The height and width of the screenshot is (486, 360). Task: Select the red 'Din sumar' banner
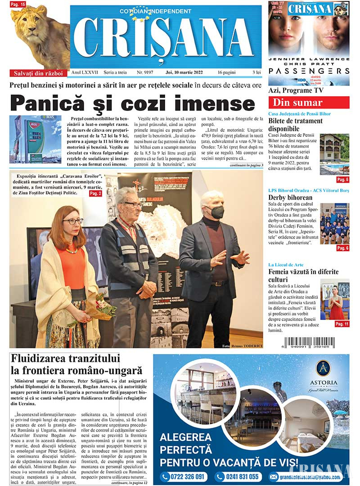pyautogui.click(x=308, y=103)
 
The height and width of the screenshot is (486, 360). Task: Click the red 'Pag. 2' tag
pyautogui.click(x=95, y=193)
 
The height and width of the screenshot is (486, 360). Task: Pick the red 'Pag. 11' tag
pyautogui.click(x=342, y=324)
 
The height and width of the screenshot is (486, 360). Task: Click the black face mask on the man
pyautogui.click(x=217, y=212)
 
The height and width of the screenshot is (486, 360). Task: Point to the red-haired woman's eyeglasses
pyautogui.click(x=72, y=221)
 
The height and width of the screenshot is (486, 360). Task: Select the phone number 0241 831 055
pyautogui.click(x=238, y=477)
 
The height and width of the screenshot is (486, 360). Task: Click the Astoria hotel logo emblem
pyautogui.click(x=323, y=369)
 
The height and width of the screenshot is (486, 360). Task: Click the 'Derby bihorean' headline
pyautogui.click(x=290, y=197)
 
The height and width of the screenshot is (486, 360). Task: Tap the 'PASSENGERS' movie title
pyautogui.click(x=309, y=71)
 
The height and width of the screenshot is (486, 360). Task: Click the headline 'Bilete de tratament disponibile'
pyautogui.click(x=295, y=125)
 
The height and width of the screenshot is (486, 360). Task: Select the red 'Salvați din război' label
pyautogui.click(x=38, y=73)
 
